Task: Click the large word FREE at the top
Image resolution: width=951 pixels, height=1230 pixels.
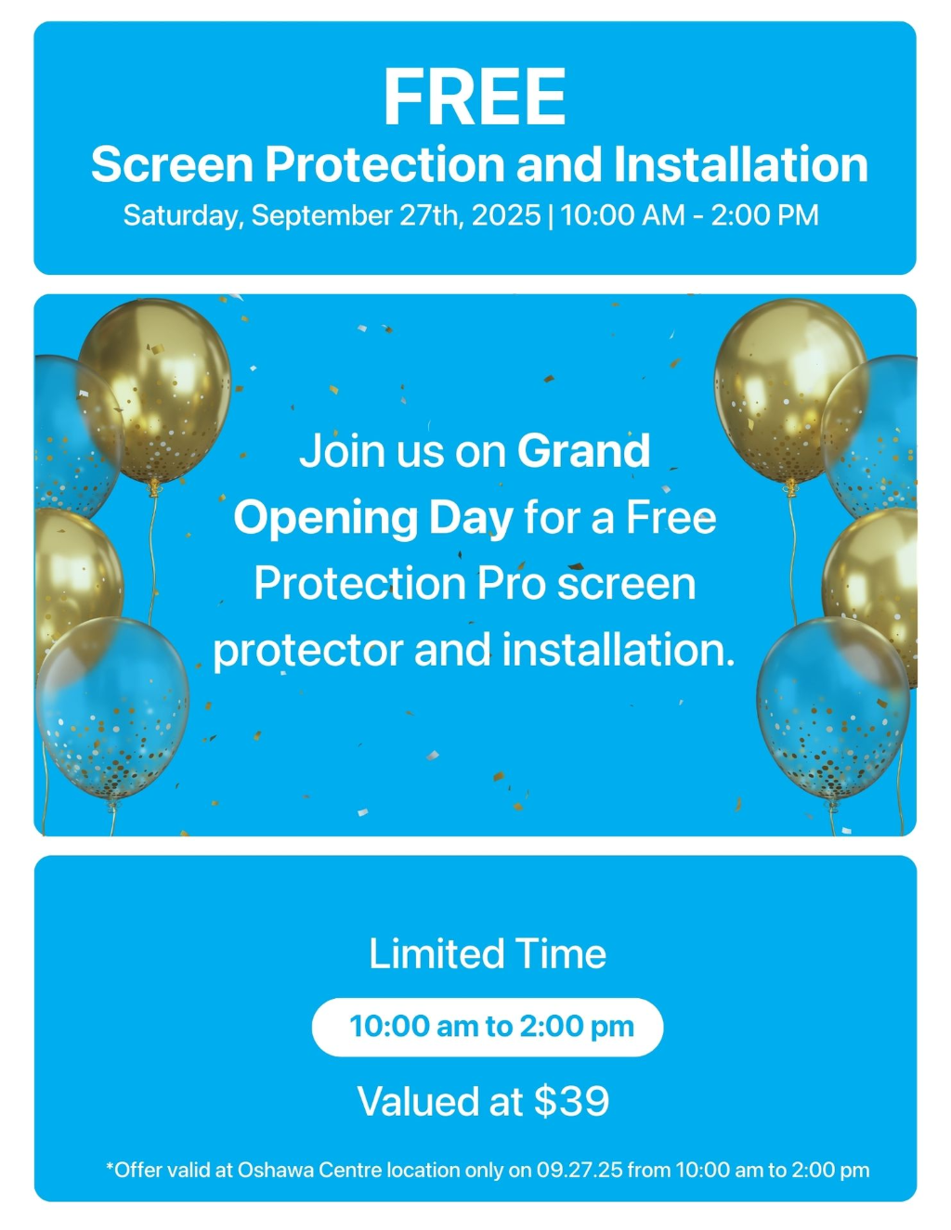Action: point(475,97)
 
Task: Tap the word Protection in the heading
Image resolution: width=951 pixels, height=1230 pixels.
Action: point(384,164)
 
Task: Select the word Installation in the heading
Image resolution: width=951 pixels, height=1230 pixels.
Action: point(740,164)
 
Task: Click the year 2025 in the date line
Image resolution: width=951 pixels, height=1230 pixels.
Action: point(505,215)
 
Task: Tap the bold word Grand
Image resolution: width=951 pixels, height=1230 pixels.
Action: point(583,450)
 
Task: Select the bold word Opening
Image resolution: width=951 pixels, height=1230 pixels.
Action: point(325,520)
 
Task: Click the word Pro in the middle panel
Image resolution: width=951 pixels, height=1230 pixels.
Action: point(511,584)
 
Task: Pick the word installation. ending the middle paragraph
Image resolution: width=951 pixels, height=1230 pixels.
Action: point(619,650)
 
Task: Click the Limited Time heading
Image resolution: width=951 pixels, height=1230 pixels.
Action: point(488,953)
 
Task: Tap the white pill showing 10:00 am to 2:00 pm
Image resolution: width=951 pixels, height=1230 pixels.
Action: point(488,1027)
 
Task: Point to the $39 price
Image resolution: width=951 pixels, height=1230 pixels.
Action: point(571,1101)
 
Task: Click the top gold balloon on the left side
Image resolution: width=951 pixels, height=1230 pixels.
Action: point(155,391)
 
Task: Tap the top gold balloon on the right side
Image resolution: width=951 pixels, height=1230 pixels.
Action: point(790,391)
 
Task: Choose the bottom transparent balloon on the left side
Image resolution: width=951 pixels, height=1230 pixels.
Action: point(112,707)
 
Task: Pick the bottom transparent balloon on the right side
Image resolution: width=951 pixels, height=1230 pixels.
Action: point(833,707)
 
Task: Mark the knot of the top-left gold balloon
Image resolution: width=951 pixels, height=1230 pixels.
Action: point(153,486)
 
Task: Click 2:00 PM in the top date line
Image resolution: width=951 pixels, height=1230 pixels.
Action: point(764,215)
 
